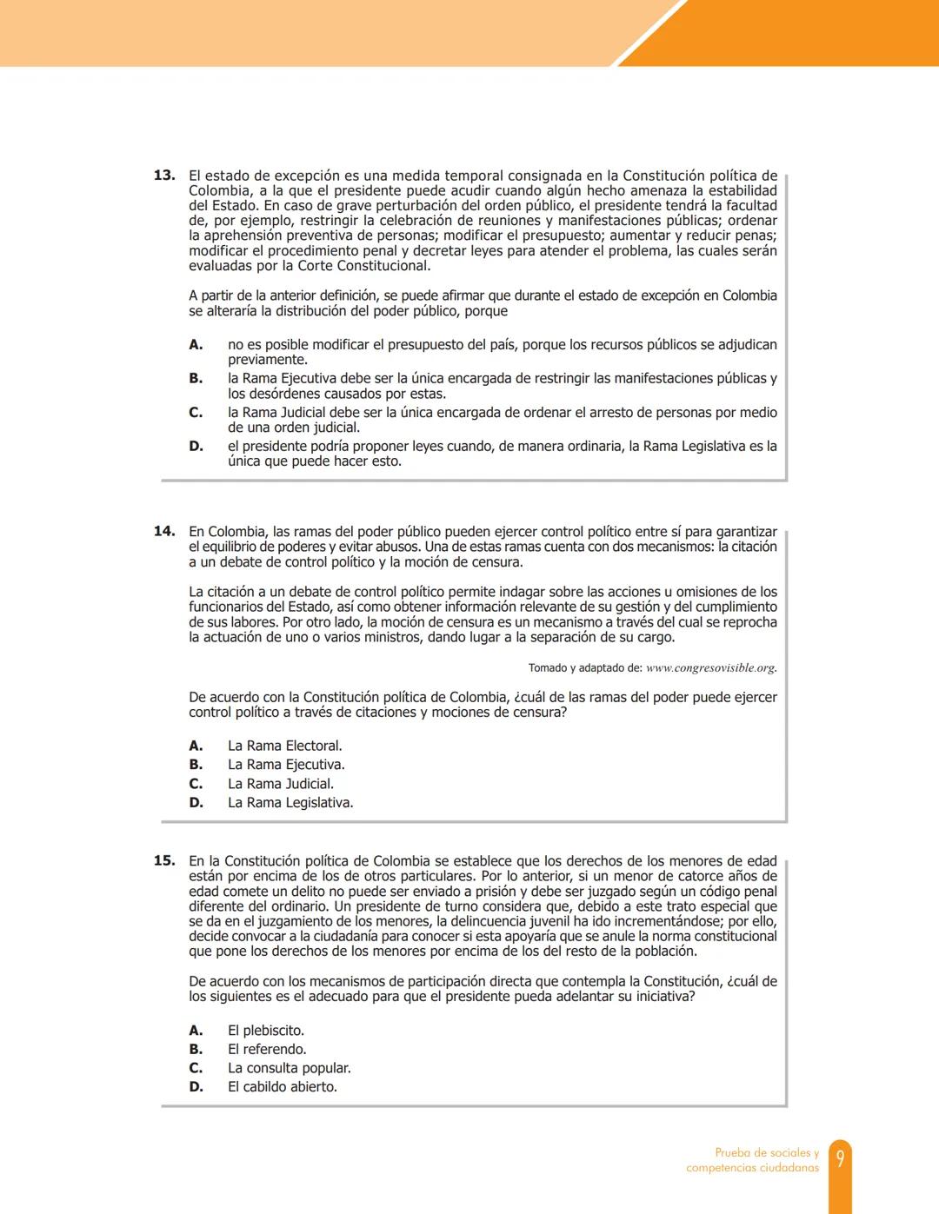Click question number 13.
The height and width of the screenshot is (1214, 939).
[163, 176]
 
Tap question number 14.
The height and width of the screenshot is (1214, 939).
[163, 531]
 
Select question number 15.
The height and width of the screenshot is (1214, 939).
[163, 860]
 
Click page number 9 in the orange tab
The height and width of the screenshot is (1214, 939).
[840, 1159]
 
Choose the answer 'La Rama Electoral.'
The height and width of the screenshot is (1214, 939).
[284, 746]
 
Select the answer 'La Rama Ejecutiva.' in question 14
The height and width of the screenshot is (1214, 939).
[286, 765]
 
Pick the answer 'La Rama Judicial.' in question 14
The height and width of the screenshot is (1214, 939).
[280, 784]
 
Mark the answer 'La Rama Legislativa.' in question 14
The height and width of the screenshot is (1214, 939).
[290, 803]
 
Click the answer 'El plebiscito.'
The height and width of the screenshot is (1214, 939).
[265, 1031]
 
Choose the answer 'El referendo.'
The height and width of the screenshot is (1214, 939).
[267, 1049]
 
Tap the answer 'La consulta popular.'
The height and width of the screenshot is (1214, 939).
[289, 1068]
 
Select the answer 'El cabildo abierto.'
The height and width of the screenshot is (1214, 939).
[282, 1087]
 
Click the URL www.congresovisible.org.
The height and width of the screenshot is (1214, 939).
[711, 668]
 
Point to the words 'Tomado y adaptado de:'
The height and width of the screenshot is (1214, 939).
[585, 668]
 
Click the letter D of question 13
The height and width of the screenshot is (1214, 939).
[196, 446]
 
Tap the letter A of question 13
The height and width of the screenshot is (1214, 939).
[196, 344]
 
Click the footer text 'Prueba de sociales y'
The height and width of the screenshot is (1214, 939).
[767, 1152]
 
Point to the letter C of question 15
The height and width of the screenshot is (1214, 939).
[196, 1068]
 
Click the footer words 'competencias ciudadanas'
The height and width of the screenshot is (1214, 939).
[752, 1168]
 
